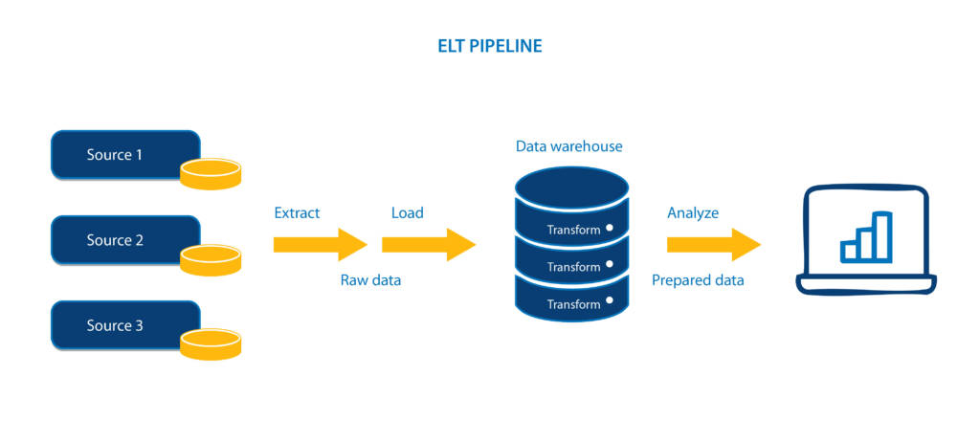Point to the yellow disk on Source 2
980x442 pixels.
(x=211, y=259)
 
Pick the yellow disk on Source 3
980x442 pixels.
(x=211, y=344)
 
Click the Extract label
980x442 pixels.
(x=297, y=212)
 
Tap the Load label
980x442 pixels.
(x=407, y=212)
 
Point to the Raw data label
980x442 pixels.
(x=370, y=280)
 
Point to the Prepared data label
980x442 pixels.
(x=698, y=280)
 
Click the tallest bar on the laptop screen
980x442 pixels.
(x=882, y=235)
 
